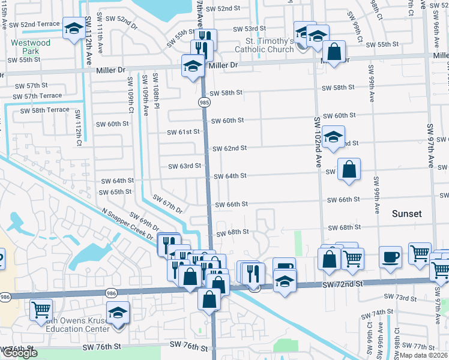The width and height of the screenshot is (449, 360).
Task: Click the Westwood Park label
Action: (x=31, y=47)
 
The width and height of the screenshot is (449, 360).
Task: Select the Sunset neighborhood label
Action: (x=407, y=214)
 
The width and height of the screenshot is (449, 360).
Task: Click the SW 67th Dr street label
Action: (x=167, y=203)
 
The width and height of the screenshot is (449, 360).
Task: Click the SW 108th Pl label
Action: (x=155, y=87)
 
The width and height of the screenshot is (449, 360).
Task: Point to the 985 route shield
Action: (x=205, y=103)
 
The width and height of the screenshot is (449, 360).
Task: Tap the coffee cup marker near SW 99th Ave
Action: (x=390, y=257)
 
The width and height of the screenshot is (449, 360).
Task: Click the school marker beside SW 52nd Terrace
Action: (x=74, y=28)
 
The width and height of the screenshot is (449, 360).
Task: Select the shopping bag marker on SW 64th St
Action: (x=349, y=169)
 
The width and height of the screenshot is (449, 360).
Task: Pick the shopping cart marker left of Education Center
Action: (x=42, y=310)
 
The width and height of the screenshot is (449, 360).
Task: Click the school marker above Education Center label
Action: (x=118, y=312)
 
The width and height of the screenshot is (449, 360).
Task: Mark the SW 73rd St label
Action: (x=399, y=298)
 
